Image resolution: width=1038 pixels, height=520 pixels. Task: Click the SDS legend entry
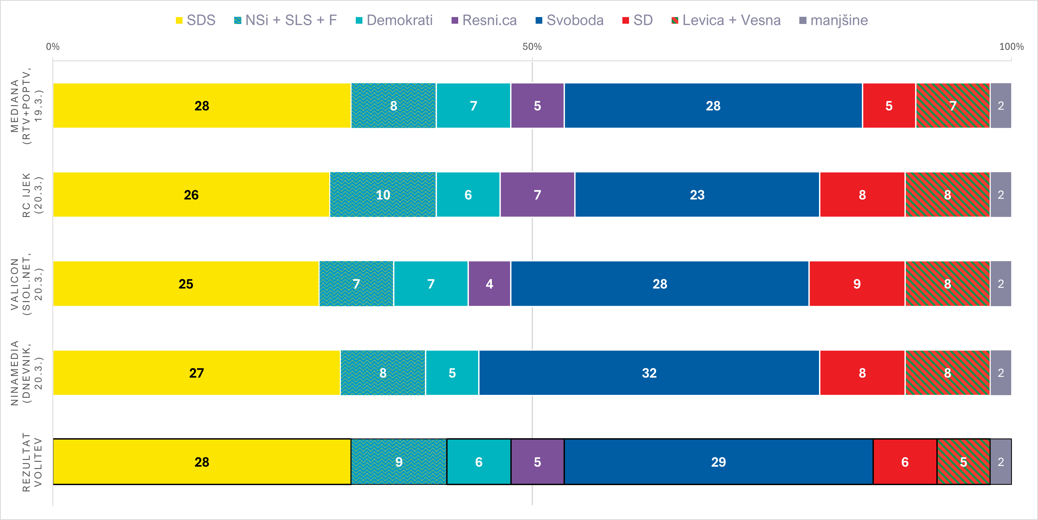click(196, 20)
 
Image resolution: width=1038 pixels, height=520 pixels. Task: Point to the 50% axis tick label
click(532, 47)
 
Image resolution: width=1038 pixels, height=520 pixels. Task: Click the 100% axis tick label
click(1011, 47)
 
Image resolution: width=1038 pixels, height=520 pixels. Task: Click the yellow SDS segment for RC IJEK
click(191, 194)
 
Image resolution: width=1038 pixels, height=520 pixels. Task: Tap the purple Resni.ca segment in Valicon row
click(489, 284)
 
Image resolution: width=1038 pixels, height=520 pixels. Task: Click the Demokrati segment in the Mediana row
click(473, 106)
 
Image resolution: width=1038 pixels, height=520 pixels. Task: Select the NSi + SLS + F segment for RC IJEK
click(383, 194)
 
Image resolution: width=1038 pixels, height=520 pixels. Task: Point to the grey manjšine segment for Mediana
click(1000, 106)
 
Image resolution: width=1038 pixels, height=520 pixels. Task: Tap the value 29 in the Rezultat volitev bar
click(718, 462)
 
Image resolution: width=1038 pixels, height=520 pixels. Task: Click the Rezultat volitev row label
click(32, 462)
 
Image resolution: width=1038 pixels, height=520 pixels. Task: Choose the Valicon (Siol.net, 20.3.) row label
click(27, 284)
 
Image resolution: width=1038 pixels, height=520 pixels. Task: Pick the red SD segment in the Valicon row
click(857, 284)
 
